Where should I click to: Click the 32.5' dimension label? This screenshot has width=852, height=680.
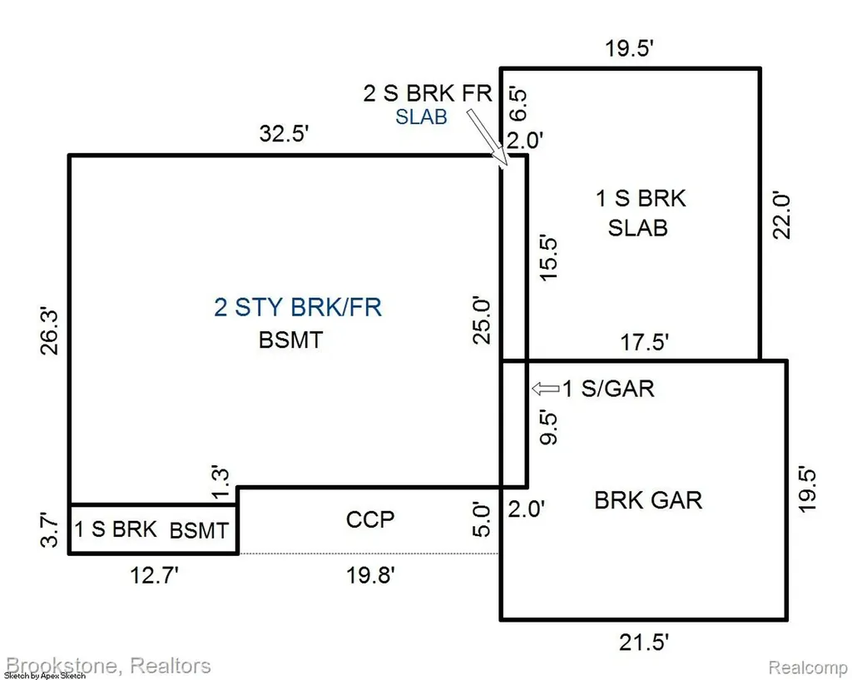tap(284, 133)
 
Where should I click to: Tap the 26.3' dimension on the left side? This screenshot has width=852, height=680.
tap(49, 332)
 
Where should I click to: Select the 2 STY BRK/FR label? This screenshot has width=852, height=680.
tap(298, 307)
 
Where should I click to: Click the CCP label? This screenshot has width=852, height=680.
tap(370, 519)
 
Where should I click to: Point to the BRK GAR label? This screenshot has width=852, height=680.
tap(648, 500)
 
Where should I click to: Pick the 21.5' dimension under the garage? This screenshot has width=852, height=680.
tap(643, 643)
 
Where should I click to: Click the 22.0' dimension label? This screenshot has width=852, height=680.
tap(781, 216)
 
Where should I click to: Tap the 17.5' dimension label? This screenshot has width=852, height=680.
tap(645, 342)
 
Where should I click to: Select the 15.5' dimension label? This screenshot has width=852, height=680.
tap(549, 258)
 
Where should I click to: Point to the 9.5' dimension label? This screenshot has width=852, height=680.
tap(549, 429)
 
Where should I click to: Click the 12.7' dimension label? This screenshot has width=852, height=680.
tap(154, 575)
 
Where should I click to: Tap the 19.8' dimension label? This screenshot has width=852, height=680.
tap(370, 575)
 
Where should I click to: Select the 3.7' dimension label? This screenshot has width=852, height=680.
tap(49, 530)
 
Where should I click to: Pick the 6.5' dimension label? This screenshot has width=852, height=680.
tap(518, 104)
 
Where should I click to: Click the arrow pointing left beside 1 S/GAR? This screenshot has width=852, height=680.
tap(545, 389)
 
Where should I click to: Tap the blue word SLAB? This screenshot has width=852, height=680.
tap(421, 117)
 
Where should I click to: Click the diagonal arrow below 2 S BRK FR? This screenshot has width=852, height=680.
tap(487, 136)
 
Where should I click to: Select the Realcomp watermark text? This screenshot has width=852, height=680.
tap(807, 667)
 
